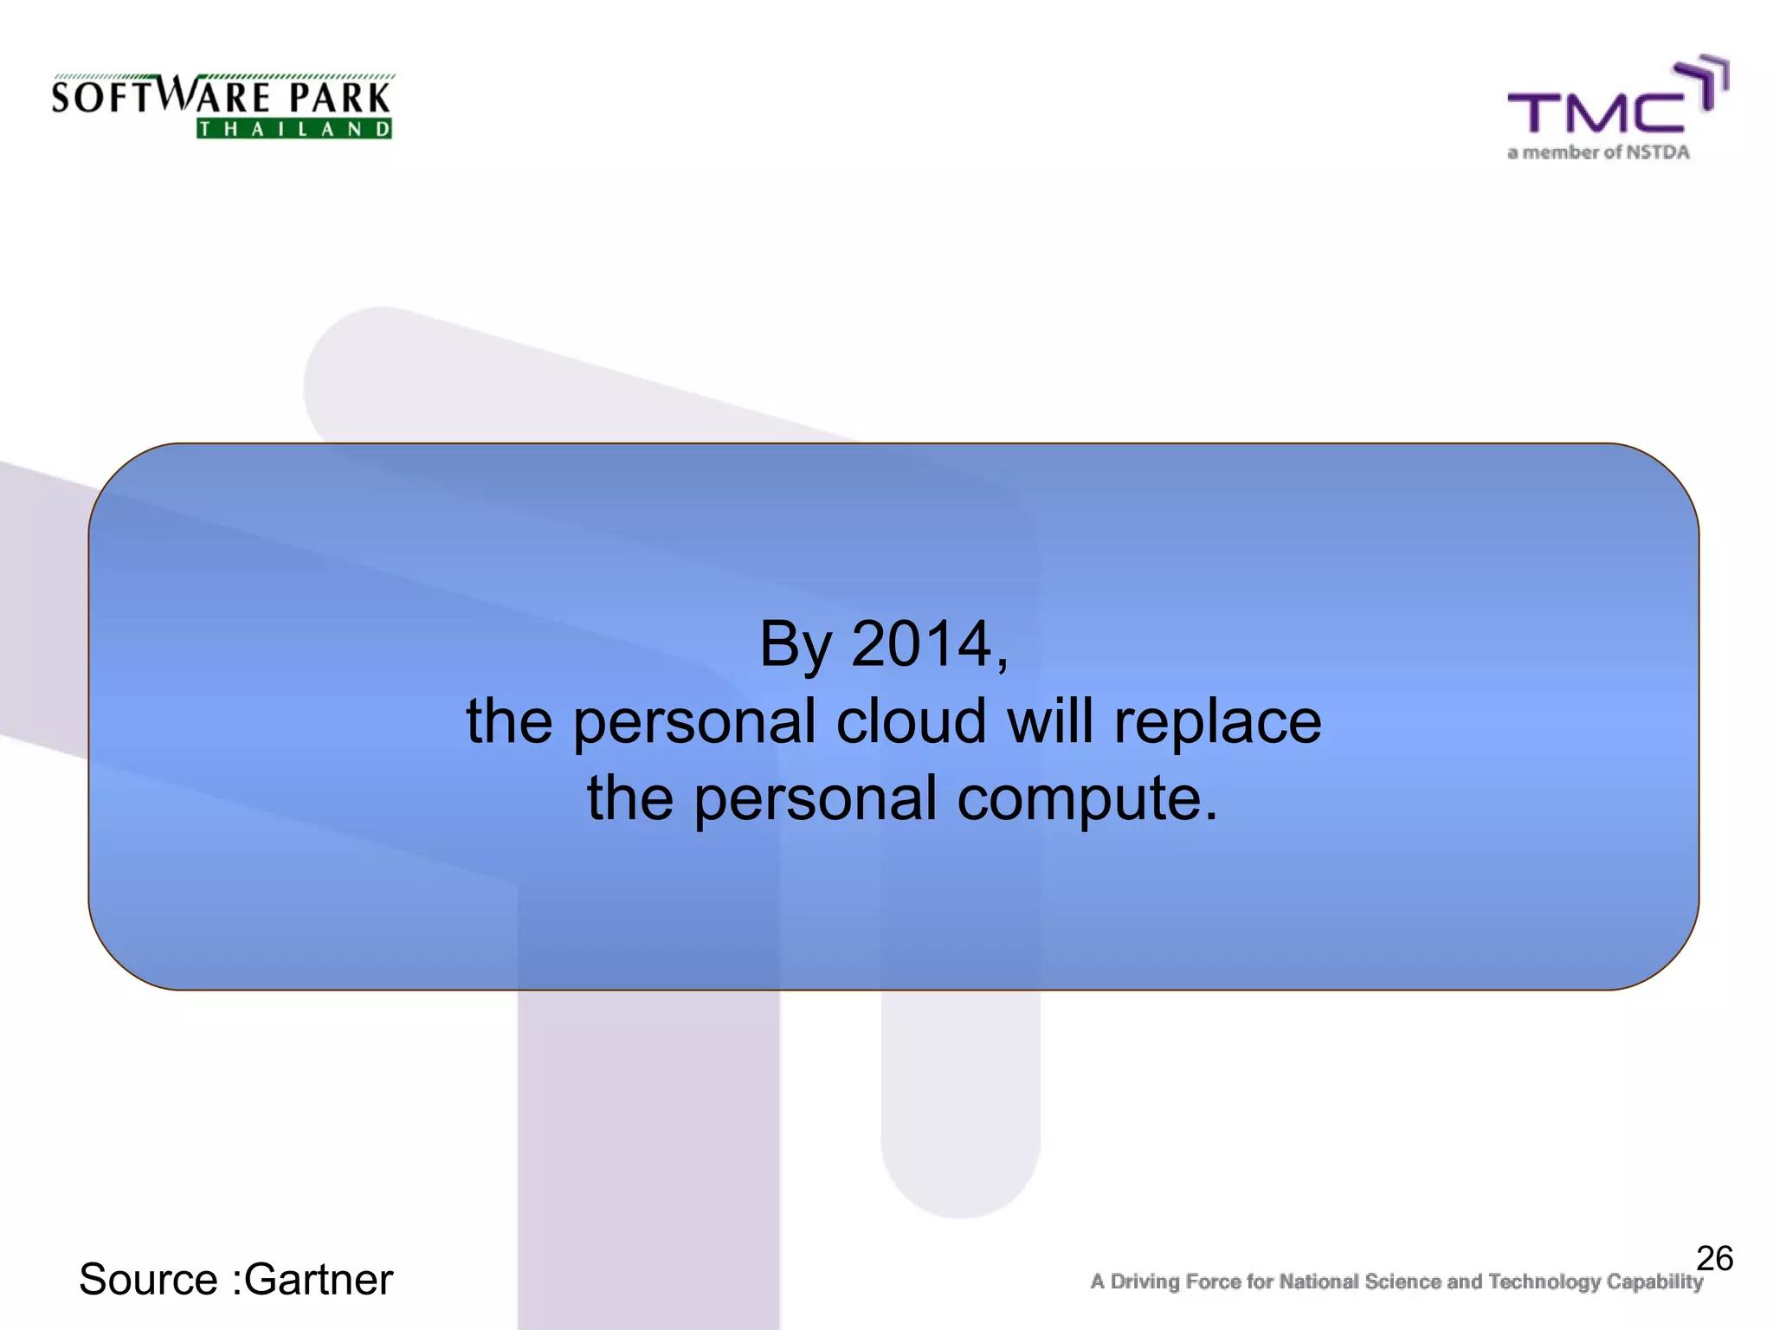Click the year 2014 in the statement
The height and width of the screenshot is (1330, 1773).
click(x=921, y=644)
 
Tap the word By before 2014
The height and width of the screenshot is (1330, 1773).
click(x=795, y=646)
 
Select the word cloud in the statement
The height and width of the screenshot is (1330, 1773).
click(x=910, y=721)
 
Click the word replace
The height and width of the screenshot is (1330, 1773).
click(x=1217, y=723)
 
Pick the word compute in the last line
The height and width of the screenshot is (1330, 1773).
click(x=1086, y=798)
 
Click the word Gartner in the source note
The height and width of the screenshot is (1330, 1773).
click(x=318, y=1280)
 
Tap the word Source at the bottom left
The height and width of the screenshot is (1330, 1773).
click(x=148, y=1280)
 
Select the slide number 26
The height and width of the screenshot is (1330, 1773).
click(x=1713, y=1258)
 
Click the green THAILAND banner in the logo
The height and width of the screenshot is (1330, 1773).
click(x=294, y=129)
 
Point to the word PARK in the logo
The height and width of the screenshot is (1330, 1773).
click(x=339, y=98)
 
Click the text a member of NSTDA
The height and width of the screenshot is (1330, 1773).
click(x=1598, y=152)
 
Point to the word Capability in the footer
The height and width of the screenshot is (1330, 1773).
click(x=1654, y=1282)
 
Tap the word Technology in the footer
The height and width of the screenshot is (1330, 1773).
click(x=1544, y=1282)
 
